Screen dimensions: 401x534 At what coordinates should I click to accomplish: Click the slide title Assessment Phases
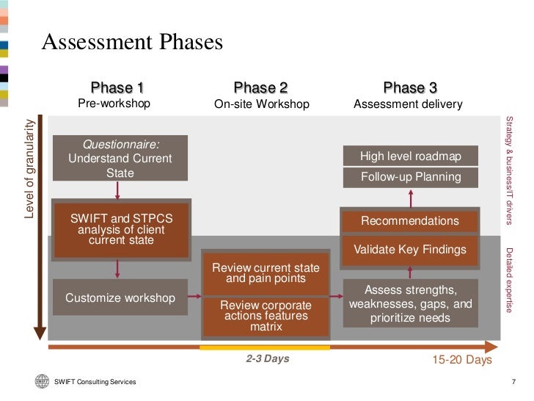point(132,43)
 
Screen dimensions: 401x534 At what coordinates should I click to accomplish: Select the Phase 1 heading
point(117,88)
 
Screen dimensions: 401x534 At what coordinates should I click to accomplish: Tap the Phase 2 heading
point(260,88)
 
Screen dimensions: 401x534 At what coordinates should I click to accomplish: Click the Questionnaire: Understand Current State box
point(120,158)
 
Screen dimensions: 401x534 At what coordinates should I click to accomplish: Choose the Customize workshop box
point(120,298)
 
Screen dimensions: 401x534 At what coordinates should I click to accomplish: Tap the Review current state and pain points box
point(266,273)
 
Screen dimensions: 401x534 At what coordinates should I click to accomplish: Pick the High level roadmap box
point(410,156)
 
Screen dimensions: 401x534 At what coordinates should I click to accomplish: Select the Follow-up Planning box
point(411,177)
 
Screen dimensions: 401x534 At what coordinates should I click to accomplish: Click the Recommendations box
point(410,221)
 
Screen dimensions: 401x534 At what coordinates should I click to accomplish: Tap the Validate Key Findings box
point(410,250)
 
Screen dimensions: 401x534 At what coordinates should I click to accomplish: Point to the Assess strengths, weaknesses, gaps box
point(411,303)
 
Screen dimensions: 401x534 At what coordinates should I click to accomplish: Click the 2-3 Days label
point(267,359)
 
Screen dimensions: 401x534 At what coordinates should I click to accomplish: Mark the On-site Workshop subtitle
point(262,104)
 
